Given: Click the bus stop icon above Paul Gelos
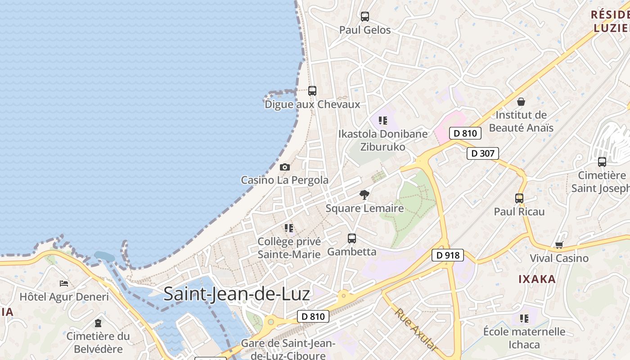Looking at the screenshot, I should pos(365,17).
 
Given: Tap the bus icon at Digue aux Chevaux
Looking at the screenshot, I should pos(312,90).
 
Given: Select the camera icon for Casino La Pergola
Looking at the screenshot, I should pos(284,167).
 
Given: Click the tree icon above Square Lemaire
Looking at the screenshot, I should pos(364,195).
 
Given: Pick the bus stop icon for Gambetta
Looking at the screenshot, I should pos(352,238).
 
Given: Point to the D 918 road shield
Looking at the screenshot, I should pos(448,255).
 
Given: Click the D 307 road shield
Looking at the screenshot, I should pos(483,153).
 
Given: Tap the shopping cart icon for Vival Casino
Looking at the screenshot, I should pos(559,245).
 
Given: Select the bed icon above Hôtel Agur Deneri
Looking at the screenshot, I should pos(64,283).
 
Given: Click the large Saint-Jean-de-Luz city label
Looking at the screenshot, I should pos(237,294).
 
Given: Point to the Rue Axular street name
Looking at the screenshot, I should pos(416,329).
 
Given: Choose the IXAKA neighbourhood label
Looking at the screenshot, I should pos(537,279).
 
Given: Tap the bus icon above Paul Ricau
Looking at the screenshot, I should pos(519,198).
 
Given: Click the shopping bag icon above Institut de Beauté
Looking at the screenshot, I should pos(521,102).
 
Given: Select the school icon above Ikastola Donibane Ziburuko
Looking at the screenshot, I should pos(383,120).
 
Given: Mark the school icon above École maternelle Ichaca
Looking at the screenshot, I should pos(524,319).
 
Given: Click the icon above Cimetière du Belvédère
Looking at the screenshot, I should pos(98,323).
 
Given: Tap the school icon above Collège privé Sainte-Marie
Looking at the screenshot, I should pos(289,228).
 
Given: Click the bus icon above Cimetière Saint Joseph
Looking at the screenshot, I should pos(602,162).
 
